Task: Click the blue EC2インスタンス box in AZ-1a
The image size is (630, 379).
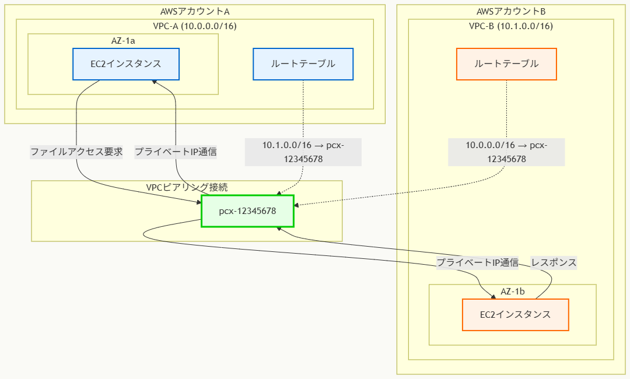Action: [x=125, y=64]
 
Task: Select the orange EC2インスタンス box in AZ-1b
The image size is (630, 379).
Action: [x=515, y=315]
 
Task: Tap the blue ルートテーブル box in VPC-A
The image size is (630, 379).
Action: [x=303, y=64]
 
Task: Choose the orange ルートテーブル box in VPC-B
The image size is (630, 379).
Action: [x=506, y=64]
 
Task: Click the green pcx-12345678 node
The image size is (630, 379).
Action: [x=247, y=211]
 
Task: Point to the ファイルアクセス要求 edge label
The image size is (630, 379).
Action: [x=76, y=152]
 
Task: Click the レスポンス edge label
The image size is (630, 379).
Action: [x=553, y=262]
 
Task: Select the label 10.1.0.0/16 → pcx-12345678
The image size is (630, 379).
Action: [x=303, y=152]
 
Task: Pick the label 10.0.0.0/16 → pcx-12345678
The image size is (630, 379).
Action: [x=506, y=152]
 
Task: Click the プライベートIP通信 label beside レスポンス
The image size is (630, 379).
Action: [x=478, y=262]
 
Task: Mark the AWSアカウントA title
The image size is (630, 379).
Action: [x=195, y=12]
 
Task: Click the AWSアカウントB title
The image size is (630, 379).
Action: [x=511, y=12]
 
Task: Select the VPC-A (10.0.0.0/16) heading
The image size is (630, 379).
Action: [x=195, y=26]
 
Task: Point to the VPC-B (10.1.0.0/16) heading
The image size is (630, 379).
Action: [x=511, y=26]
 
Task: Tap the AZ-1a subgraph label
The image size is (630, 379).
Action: [x=123, y=41]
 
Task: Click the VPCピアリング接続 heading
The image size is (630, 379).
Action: [x=187, y=188]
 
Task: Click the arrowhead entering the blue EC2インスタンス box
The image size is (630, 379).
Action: [x=155, y=82]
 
